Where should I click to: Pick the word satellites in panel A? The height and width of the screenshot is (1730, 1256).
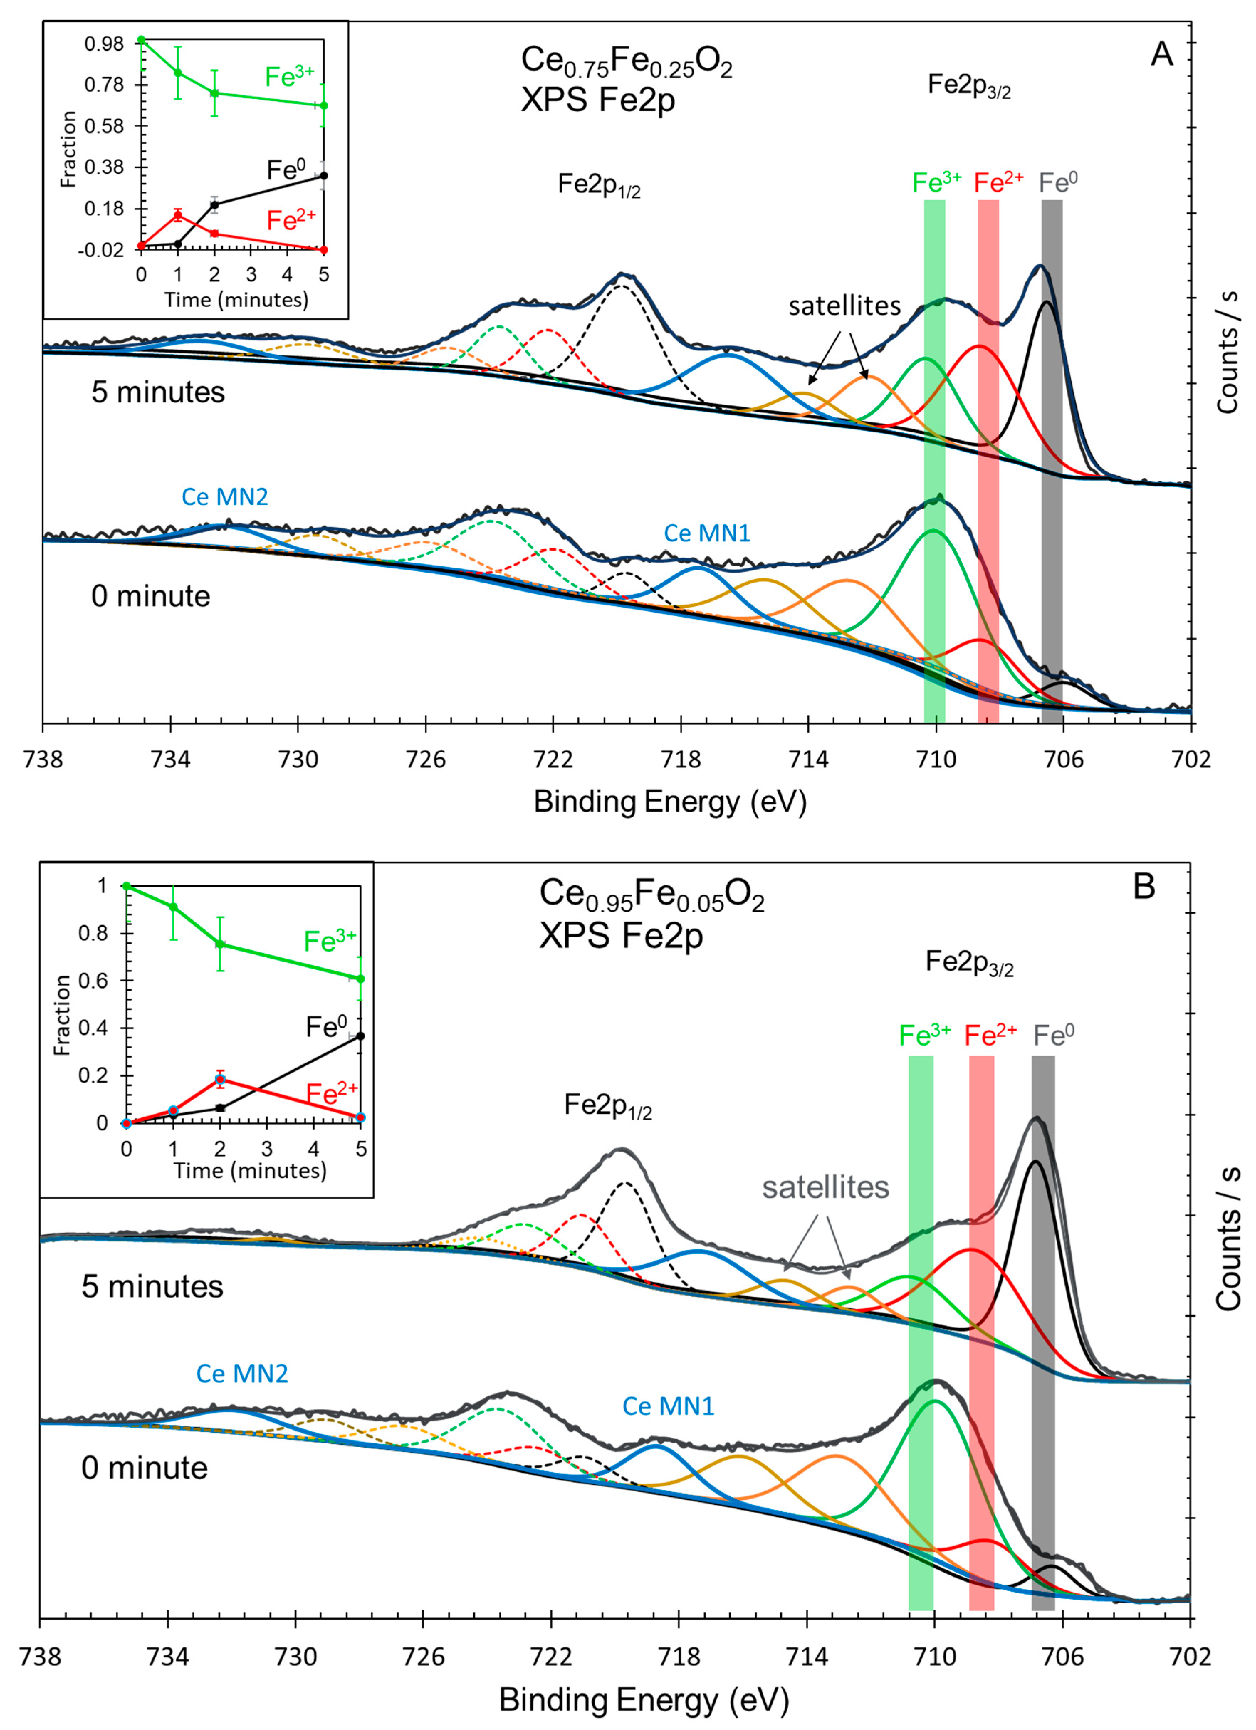pos(844,306)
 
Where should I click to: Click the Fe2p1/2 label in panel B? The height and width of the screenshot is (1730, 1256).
pos(608,1106)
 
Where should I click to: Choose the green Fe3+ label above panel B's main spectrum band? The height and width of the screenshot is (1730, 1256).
pos(924,1035)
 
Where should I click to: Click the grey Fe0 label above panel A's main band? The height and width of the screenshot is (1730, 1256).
pos(1058,182)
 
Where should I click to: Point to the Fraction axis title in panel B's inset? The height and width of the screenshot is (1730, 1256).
pos(63,1015)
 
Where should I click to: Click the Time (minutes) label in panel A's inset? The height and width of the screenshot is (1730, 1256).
pos(236,300)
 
